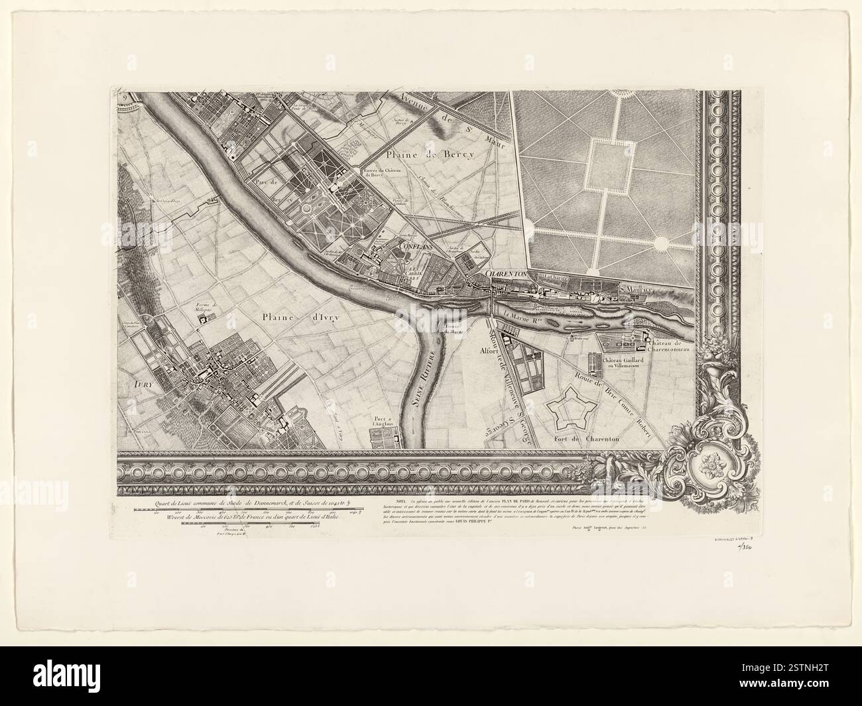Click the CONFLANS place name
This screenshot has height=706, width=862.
[x=416, y=246]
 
